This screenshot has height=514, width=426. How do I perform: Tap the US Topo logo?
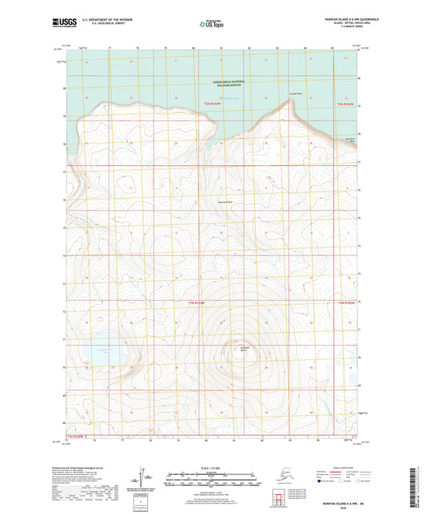pyautogui.click(x=213, y=26)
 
